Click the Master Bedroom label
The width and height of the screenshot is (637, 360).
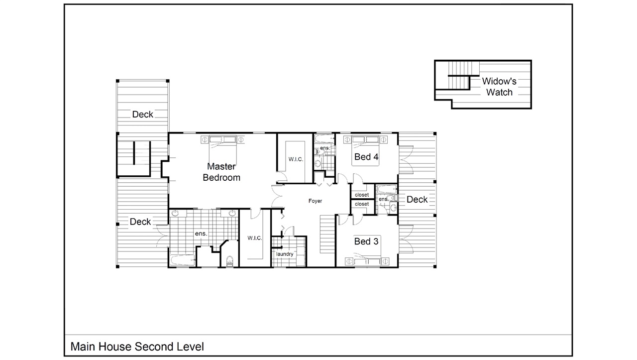pyautogui.click(x=221, y=172)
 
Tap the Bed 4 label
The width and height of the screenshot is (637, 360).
pyautogui.click(x=366, y=157)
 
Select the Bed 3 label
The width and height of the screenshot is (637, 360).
pyautogui.click(x=366, y=241)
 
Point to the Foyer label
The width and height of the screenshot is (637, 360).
pyautogui.click(x=315, y=201)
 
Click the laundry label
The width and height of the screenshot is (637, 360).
pyautogui.click(x=285, y=254)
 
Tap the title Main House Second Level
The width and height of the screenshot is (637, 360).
pyautogui.click(x=137, y=347)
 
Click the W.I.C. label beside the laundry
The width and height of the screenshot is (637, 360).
pyautogui.click(x=255, y=239)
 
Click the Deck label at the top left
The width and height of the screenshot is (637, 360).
pyautogui.click(x=143, y=115)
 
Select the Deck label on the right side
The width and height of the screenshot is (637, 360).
pyautogui.click(x=417, y=200)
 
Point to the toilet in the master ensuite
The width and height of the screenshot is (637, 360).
pyautogui.click(x=229, y=260)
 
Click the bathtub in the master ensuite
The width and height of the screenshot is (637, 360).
pyautogui.click(x=182, y=259)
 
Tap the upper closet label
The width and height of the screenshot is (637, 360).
pyautogui.click(x=362, y=195)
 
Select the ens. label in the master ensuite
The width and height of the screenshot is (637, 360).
pyautogui.click(x=201, y=233)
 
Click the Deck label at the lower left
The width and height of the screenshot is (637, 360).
pyautogui.click(x=140, y=222)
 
